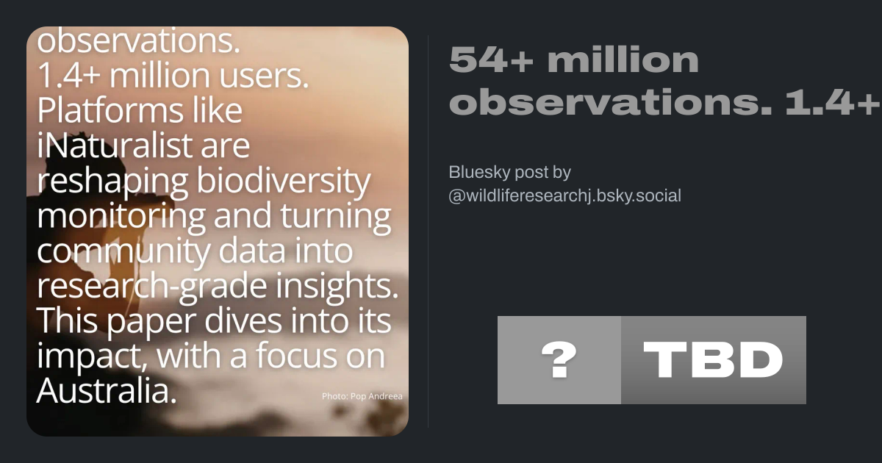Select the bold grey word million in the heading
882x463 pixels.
[x=623, y=59]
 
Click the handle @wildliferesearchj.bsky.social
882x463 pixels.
[x=564, y=195]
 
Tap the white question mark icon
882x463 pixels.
[x=559, y=359]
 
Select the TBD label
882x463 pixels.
[x=713, y=359]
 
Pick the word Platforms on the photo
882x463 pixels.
[x=111, y=110]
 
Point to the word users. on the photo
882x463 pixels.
[x=264, y=76]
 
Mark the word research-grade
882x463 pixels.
[x=151, y=287]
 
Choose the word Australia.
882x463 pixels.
[x=107, y=390]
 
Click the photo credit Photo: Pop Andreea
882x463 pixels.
[x=362, y=396]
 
